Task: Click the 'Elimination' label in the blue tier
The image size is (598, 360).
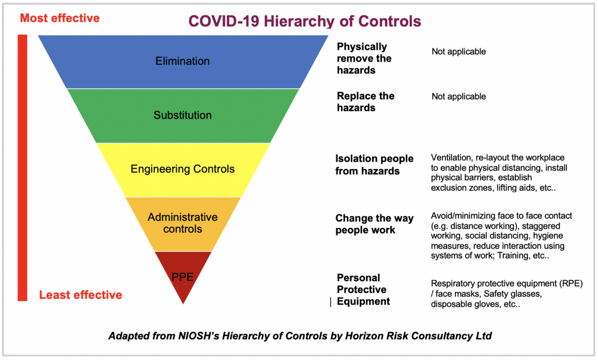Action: pyautogui.click(x=182, y=61)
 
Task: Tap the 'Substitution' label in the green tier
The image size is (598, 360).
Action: pyautogui.click(x=182, y=115)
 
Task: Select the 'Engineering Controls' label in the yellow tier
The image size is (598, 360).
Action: pyautogui.click(x=182, y=169)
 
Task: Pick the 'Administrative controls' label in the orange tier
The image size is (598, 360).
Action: pyautogui.click(x=182, y=223)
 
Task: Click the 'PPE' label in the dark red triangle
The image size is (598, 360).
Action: pyautogui.click(x=182, y=277)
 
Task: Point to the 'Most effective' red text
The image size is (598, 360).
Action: pyautogui.click(x=60, y=18)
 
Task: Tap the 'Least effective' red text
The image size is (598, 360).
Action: pyautogui.click(x=81, y=295)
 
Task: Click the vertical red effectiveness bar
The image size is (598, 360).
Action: pyautogui.click(x=22, y=168)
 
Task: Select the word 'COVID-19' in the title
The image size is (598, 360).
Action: pyautogui.click(x=224, y=21)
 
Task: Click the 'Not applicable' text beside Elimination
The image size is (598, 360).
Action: pyautogui.click(x=458, y=51)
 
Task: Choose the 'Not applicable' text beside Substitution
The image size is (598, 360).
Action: pyautogui.click(x=458, y=96)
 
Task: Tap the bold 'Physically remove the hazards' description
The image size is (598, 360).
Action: pyautogui.click(x=364, y=58)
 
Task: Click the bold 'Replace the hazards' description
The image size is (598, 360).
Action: pyautogui.click(x=365, y=102)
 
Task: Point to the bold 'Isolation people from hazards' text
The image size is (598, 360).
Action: pyautogui.click(x=374, y=165)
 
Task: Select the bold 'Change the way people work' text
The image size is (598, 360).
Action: pyautogui.click(x=374, y=224)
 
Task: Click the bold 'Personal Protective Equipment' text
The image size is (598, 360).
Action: pyautogui.click(x=363, y=290)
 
